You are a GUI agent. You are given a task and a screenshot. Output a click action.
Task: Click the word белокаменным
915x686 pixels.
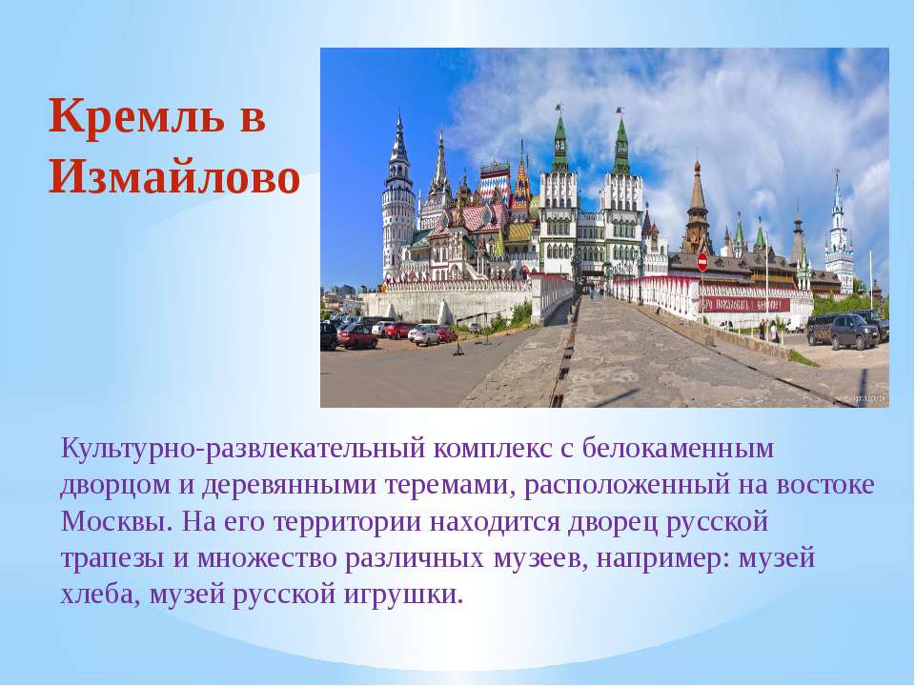[678, 448]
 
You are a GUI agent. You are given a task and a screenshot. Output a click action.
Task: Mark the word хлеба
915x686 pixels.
[100, 595]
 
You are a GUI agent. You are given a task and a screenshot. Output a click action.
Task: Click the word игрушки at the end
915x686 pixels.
[402, 595]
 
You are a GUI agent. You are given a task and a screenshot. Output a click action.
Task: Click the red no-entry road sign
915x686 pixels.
[702, 262]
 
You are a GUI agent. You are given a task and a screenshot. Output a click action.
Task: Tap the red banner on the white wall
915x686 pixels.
[744, 305]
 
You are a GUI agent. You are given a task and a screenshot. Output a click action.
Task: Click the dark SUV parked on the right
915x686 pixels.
[854, 332]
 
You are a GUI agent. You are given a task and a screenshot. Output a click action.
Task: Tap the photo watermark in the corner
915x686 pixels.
[869, 399]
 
